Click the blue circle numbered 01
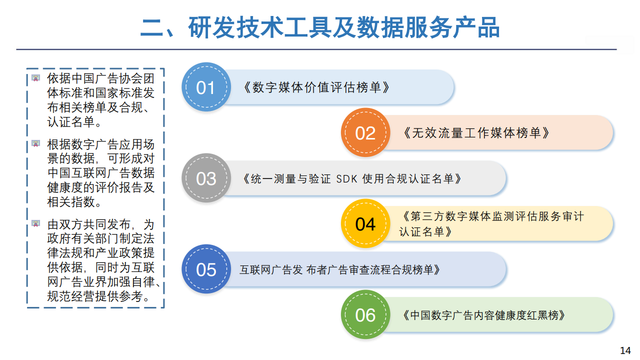(206, 87)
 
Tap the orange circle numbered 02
(365, 132)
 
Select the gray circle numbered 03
(206, 178)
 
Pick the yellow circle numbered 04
(365, 223)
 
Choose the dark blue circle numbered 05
(206, 269)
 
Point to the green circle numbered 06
(365, 314)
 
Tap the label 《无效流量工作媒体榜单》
(476, 133)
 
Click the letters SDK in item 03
(346, 179)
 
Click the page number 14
(625, 350)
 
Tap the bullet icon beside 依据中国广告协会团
(35, 78)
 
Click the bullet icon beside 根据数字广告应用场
(35, 143)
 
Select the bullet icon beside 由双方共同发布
(35, 223)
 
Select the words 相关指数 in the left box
(71, 202)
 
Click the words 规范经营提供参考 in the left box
(94, 296)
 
